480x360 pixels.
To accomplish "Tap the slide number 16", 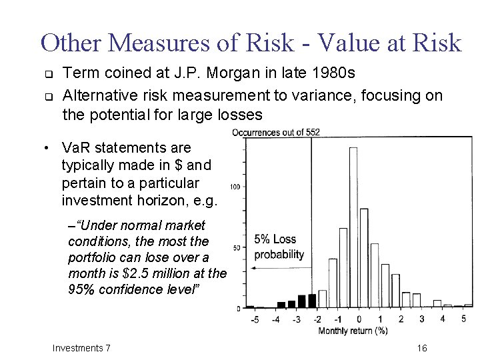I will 421,348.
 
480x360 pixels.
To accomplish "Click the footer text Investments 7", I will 81,348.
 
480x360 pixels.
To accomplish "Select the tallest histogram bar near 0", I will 353,227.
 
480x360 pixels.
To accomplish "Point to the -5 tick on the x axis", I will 254,319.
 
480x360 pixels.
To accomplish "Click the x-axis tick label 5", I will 463,319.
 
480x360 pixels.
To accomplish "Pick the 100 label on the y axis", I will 235,186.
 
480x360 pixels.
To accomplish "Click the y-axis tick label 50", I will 237,248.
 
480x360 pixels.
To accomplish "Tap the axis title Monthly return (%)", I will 353,331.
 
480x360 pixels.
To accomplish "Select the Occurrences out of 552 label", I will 276,132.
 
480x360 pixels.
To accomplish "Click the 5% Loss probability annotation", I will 279,247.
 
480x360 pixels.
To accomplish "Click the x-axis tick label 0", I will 359,319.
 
